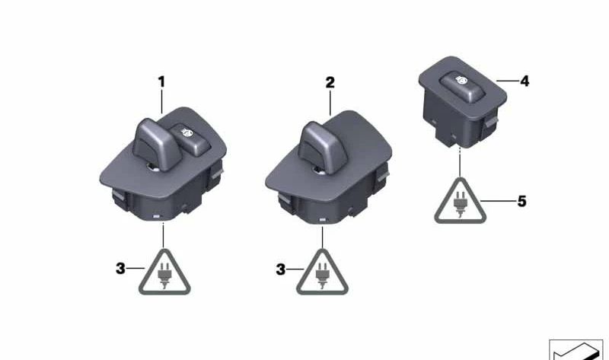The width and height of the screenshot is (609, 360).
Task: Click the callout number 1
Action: (161, 82)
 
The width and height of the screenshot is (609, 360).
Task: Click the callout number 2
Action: (330, 82)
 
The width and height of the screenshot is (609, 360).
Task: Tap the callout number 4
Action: (525, 81)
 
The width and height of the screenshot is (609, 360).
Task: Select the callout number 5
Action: (521, 201)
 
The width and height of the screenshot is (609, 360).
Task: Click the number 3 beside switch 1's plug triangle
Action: (120, 269)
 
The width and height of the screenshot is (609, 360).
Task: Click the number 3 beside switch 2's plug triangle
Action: (280, 269)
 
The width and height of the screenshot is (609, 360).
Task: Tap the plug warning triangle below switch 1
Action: (164, 272)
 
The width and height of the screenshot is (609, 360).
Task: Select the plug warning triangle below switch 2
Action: (322, 272)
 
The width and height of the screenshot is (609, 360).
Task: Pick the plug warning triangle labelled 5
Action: (461, 201)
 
